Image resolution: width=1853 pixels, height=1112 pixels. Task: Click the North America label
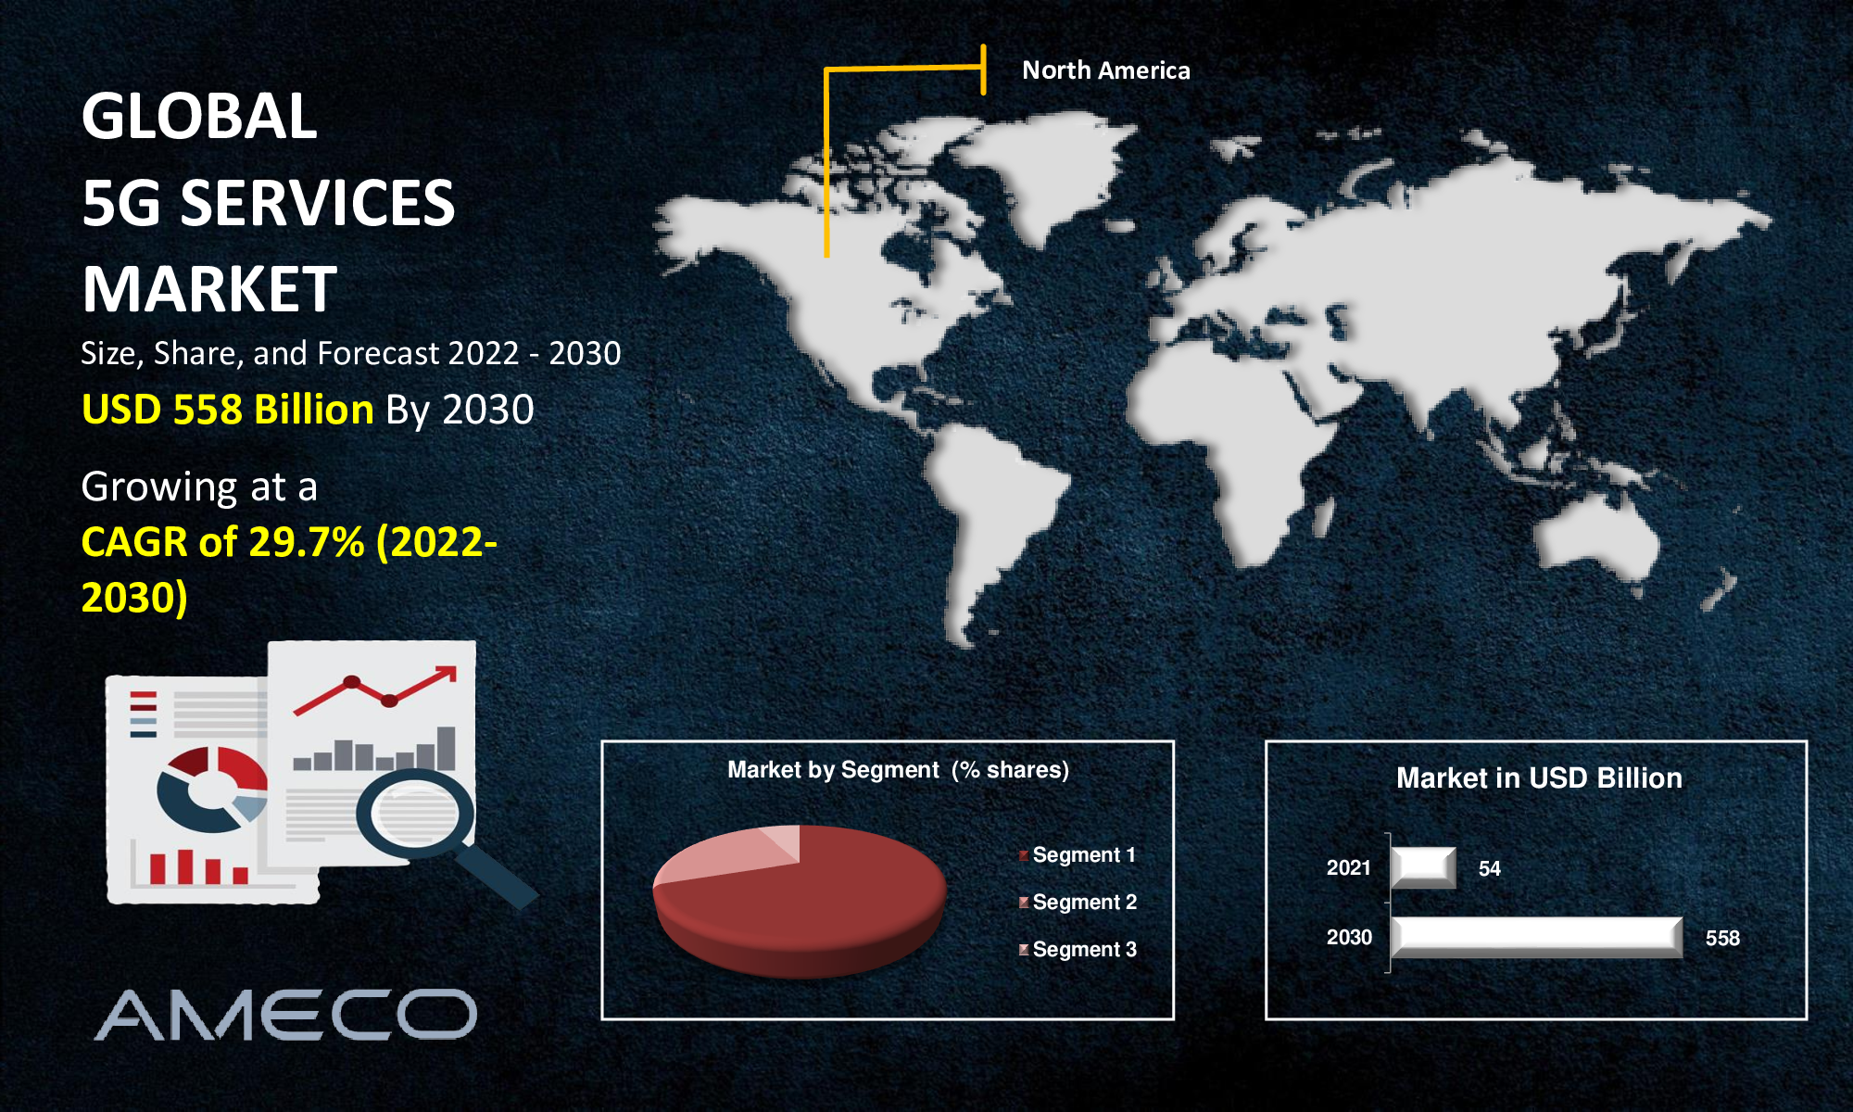pyautogui.click(x=1105, y=70)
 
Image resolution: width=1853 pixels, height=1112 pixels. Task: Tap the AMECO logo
pyautogui.click(x=286, y=1015)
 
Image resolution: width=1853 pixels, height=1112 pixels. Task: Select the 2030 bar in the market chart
pyautogui.click(x=1536, y=937)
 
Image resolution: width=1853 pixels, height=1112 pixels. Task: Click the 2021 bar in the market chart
pyautogui.click(x=1423, y=867)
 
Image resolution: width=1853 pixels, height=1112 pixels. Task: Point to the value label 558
pyautogui.click(x=1722, y=938)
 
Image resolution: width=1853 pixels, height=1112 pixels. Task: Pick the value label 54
pyautogui.click(x=1489, y=868)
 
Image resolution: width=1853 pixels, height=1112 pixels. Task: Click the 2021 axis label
pyautogui.click(x=1348, y=867)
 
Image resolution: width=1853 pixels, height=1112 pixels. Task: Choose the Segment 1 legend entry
pyautogui.click(x=1077, y=854)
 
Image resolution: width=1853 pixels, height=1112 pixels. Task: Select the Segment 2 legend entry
pyautogui.click(x=1078, y=902)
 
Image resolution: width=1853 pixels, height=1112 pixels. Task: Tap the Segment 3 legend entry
pyautogui.click(x=1078, y=949)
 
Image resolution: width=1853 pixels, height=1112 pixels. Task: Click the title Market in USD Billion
pyautogui.click(x=1539, y=777)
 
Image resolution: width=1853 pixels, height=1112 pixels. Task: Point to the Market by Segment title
pyautogui.click(x=898, y=770)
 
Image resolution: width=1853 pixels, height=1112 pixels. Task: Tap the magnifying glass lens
pyautogui.click(x=414, y=813)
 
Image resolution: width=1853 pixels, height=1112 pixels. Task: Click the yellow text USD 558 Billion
pyautogui.click(x=228, y=409)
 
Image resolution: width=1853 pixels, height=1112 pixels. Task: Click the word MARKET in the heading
pyautogui.click(x=209, y=289)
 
